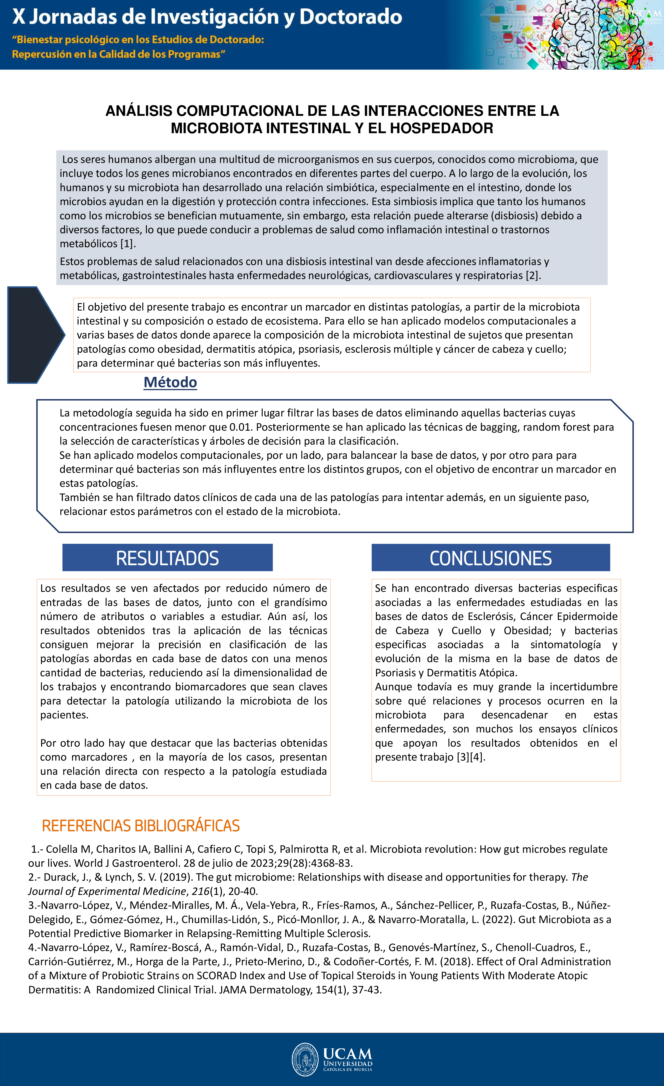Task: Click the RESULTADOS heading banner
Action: (x=167, y=558)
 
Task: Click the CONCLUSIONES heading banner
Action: (x=490, y=558)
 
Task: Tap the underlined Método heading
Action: (x=170, y=382)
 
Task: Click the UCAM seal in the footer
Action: (x=305, y=1059)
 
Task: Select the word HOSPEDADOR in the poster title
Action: (x=441, y=128)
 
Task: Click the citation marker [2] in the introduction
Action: (x=532, y=275)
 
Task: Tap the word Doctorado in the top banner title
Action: (x=351, y=17)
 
